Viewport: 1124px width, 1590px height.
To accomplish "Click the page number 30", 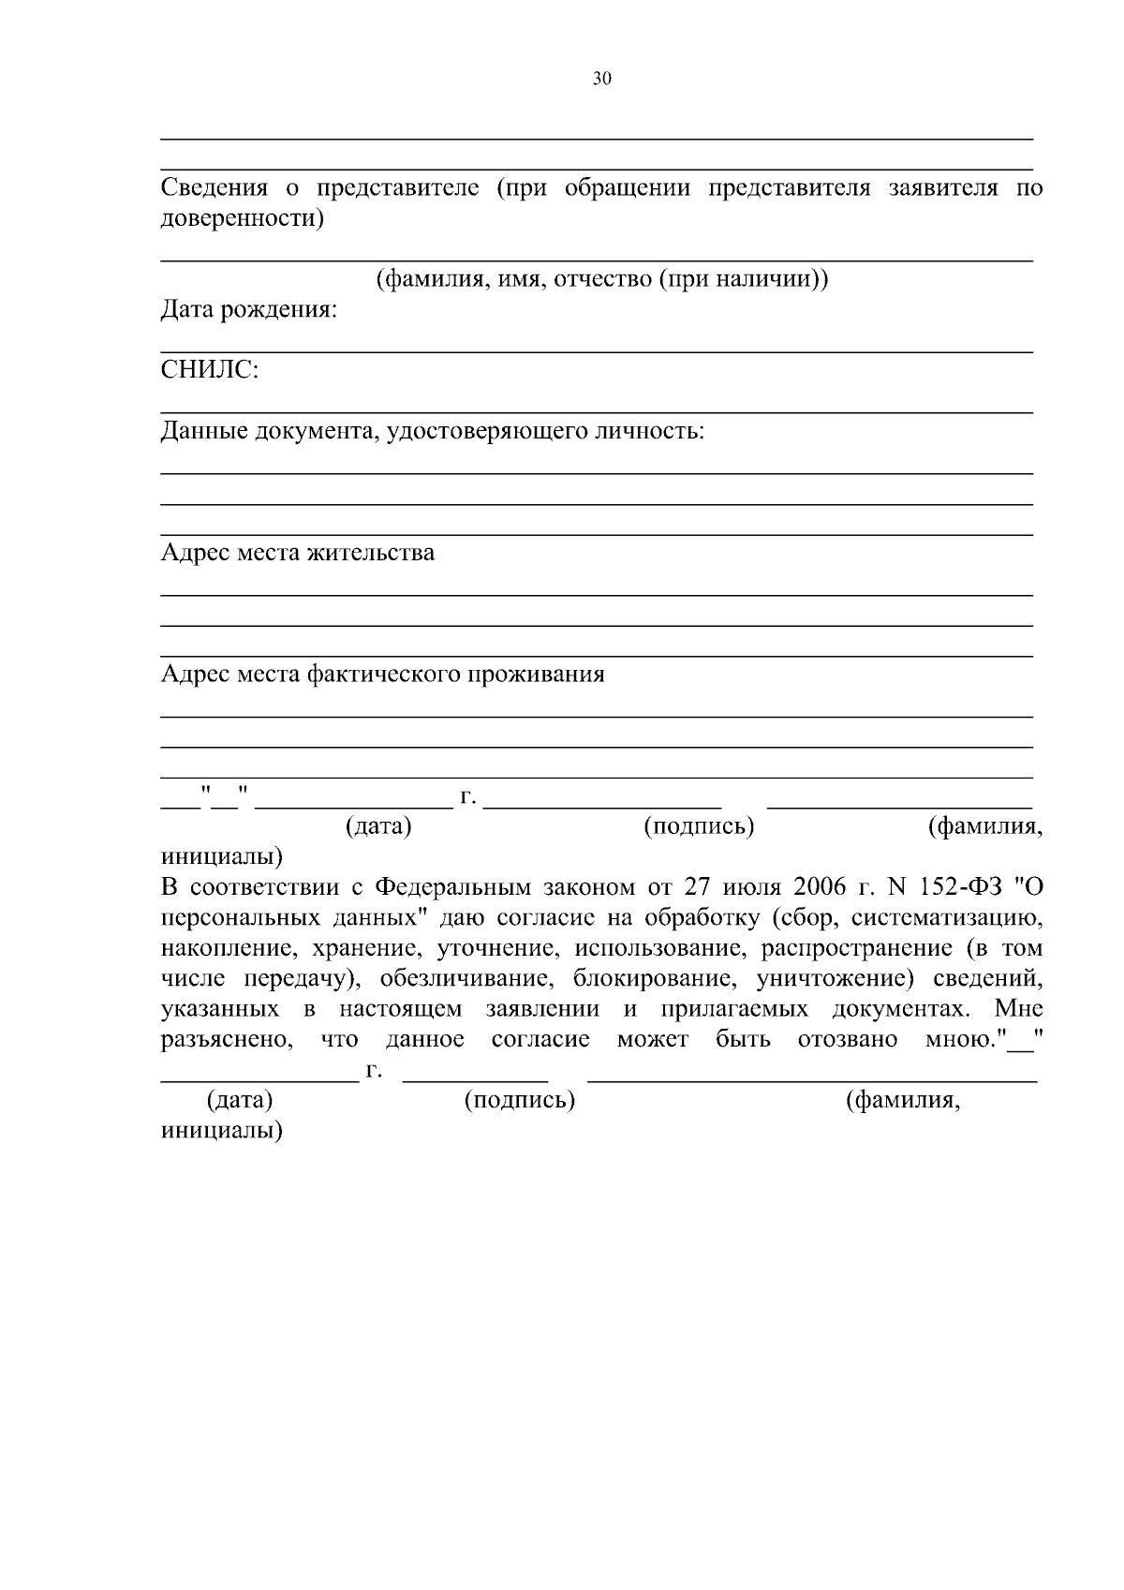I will pos(601,80).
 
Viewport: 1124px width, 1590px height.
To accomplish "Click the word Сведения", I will pos(214,188).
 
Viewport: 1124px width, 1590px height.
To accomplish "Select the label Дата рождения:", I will pos(249,310).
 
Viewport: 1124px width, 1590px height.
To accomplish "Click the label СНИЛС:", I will pos(210,371).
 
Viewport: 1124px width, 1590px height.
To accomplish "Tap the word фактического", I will pos(385,675).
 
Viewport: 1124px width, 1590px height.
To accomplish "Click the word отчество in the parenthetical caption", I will pos(603,279).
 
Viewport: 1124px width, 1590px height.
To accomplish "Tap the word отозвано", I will pos(848,1040).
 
